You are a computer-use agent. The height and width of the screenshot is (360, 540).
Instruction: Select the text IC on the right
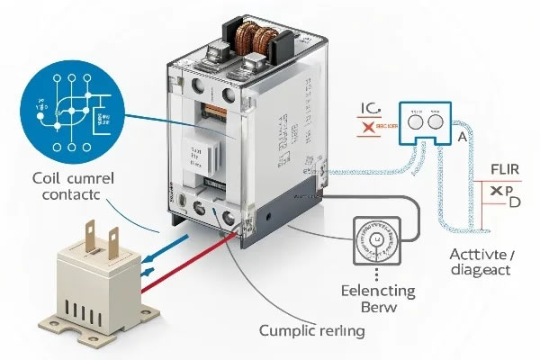[x=372, y=110]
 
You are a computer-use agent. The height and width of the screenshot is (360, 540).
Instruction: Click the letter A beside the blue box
[x=462, y=138]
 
